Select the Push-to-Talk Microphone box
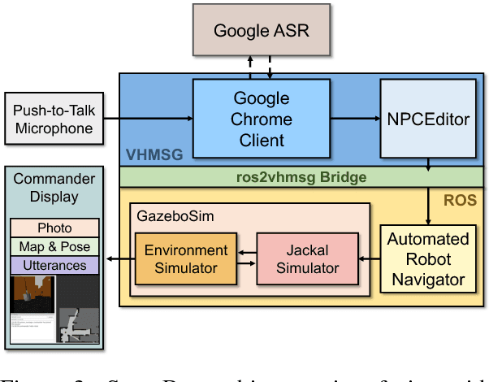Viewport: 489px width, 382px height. (54, 119)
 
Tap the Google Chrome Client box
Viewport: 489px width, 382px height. (262, 119)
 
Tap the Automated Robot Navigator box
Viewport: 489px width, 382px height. (427, 259)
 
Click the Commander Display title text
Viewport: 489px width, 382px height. (54, 188)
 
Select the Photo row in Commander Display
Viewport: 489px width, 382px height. (54, 228)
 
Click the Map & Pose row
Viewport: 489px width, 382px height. (54, 246)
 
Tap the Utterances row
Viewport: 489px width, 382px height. (54, 265)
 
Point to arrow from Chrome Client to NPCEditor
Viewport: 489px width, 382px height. (355, 119)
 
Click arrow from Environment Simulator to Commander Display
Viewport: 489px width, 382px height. (119, 260)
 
